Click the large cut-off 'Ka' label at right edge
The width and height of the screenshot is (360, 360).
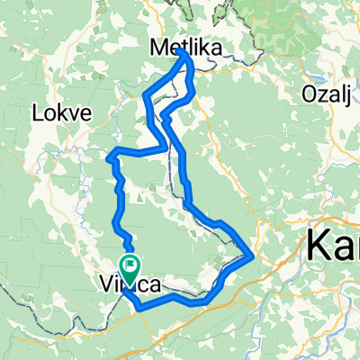[333, 243]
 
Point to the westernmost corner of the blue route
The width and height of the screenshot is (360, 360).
[108, 158]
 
